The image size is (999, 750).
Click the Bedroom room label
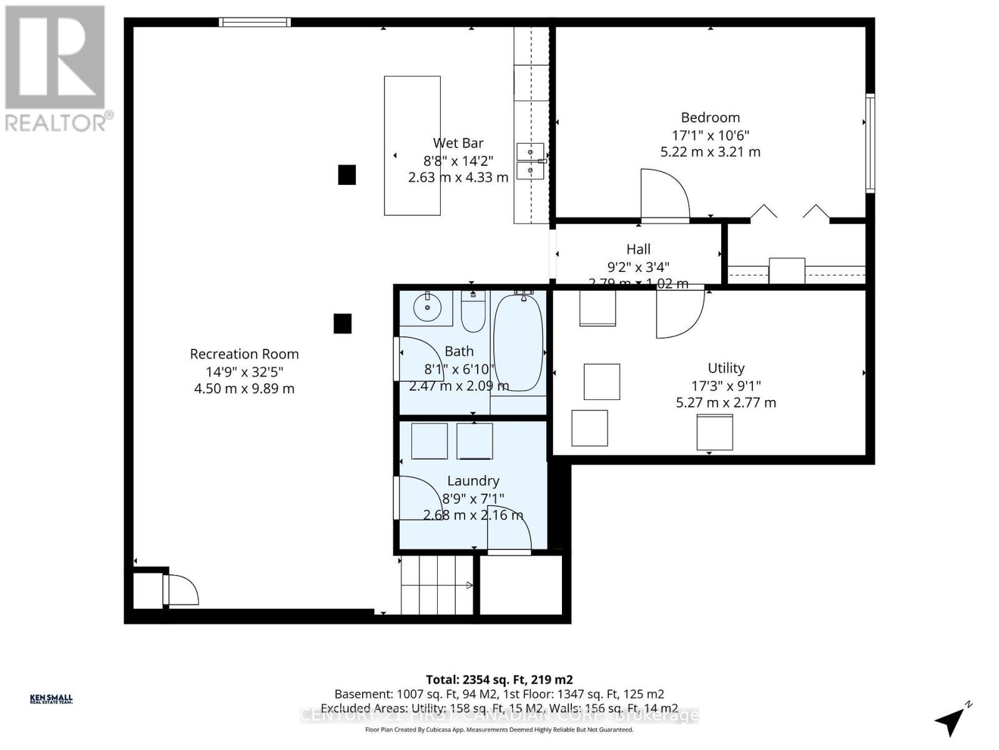pyautogui.click(x=710, y=117)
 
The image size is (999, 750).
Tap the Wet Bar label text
pyautogui.click(x=458, y=143)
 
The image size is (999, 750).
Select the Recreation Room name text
pyautogui.click(x=244, y=354)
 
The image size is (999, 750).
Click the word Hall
pyautogui.click(x=638, y=249)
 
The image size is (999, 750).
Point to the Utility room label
pyautogui.click(x=726, y=368)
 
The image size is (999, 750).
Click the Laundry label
pyautogui.click(x=473, y=481)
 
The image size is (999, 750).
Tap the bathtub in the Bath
pyautogui.click(x=518, y=344)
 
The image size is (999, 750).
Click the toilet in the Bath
pyautogui.click(x=473, y=312)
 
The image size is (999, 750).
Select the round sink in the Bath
pyautogui.click(x=428, y=307)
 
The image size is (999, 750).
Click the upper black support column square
pyautogui.click(x=347, y=175)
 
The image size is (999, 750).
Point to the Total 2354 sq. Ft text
pyautogui.click(x=499, y=679)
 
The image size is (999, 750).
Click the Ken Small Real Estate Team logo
pyautogui.click(x=51, y=699)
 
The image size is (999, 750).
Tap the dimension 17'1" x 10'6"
pyautogui.click(x=710, y=135)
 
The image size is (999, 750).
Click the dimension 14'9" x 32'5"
pyautogui.click(x=244, y=371)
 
